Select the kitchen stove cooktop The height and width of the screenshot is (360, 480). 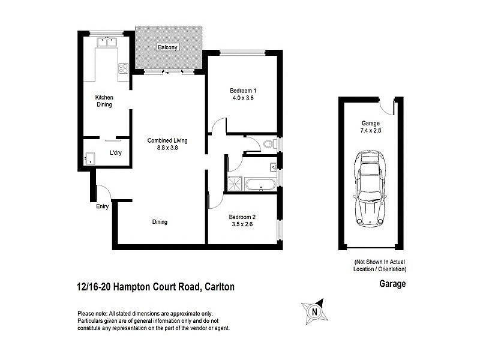[123, 68]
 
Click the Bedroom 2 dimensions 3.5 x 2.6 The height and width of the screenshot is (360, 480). [242, 224]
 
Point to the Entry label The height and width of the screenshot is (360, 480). [102, 206]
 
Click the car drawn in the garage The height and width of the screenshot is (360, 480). [370, 188]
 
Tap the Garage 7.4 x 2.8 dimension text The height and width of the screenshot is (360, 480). [370, 130]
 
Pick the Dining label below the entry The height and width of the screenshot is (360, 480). [160, 222]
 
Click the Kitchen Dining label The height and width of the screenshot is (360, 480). [104, 101]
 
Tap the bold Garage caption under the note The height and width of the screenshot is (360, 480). [392, 284]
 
